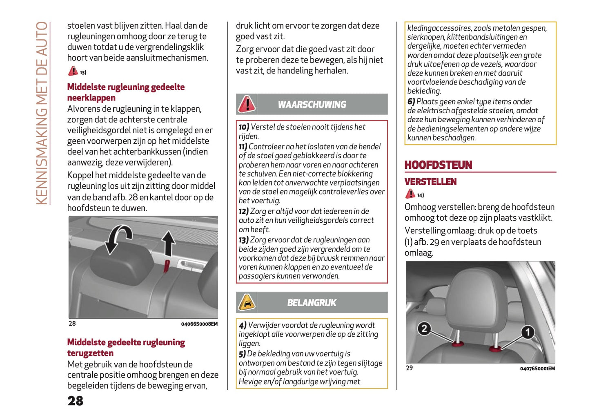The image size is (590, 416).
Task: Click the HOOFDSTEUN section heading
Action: (x=438, y=165)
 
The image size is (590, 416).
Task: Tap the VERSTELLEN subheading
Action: (x=430, y=182)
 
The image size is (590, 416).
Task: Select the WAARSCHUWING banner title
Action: (x=312, y=105)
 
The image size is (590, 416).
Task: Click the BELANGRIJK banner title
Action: (x=312, y=303)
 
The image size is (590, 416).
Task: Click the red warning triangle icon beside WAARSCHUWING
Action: (x=247, y=104)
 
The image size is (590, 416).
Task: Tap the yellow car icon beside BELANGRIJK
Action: (x=247, y=303)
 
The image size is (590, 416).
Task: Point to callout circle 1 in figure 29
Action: (x=527, y=332)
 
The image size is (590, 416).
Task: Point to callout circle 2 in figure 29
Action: (x=424, y=329)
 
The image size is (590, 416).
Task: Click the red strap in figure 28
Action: (x=167, y=266)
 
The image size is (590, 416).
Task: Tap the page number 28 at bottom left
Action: (x=75, y=401)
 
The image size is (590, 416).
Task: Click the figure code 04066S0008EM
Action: (x=199, y=324)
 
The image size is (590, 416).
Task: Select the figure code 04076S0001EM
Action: (x=537, y=369)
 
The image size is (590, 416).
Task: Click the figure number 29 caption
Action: (x=409, y=368)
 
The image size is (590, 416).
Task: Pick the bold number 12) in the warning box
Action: (x=243, y=211)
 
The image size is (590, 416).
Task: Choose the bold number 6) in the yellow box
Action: (x=411, y=102)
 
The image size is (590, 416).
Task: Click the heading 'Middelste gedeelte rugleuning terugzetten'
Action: (x=126, y=347)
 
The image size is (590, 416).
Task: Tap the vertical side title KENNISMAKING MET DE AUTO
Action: (x=42, y=113)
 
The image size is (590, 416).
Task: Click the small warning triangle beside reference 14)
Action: (x=410, y=194)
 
